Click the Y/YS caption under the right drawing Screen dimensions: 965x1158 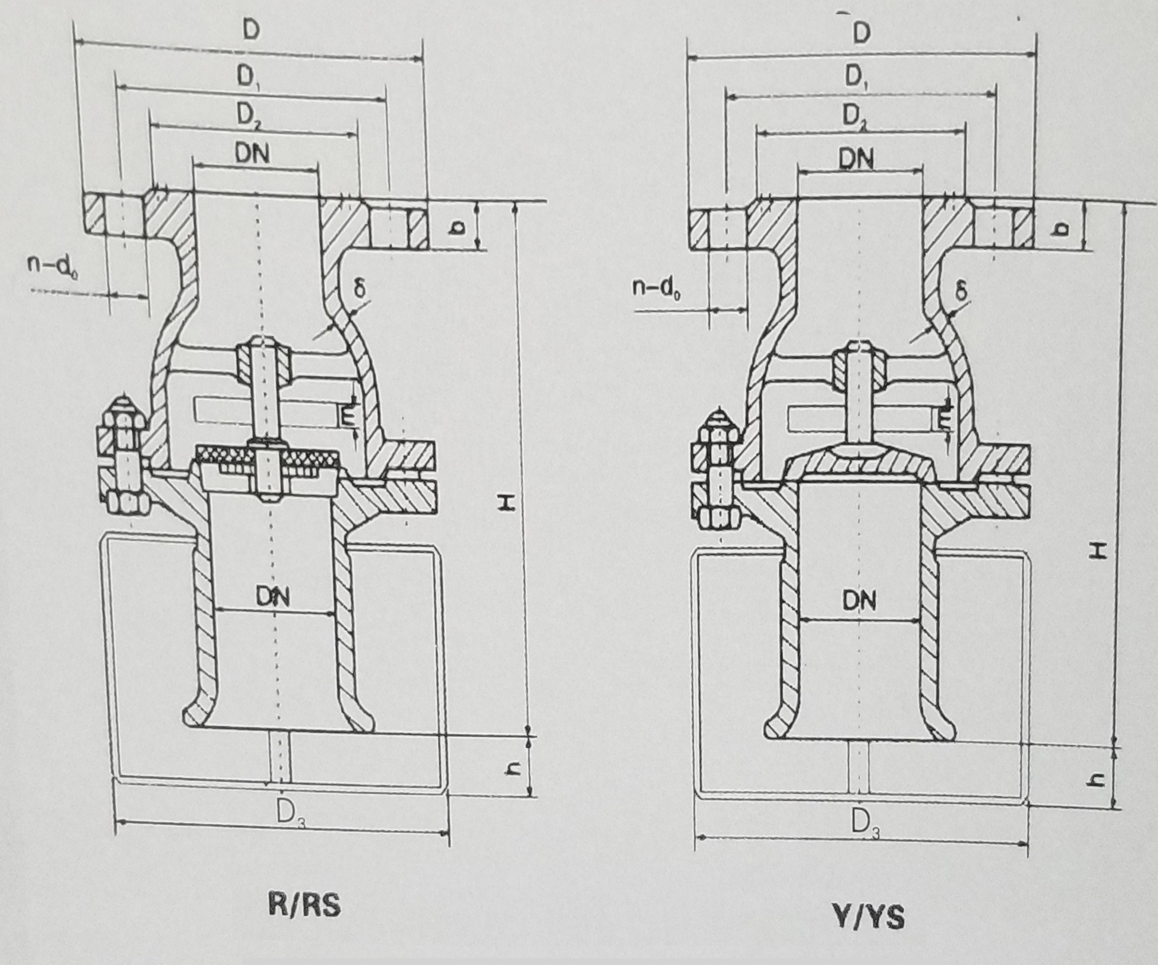[x=869, y=917]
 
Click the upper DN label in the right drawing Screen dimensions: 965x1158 [x=857, y=159]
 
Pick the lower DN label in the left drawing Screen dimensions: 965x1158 [x=273, y=598]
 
